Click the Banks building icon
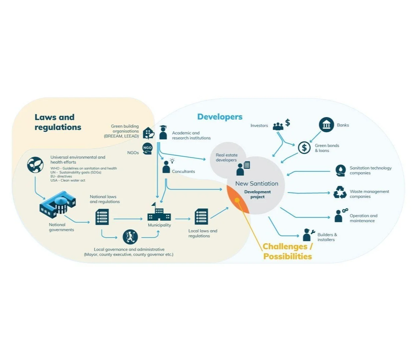(326, 125)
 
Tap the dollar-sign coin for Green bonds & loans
(304, 147)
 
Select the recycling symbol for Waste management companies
(340, 193)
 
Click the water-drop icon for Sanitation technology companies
(340, 170)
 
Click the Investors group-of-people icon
(278, 126)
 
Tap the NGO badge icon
(147, 148)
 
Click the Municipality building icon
(159, 213)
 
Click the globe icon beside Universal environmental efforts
(35, 165)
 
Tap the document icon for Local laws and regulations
(201, 217)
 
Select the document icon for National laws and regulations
(102, 217)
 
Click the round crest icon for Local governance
(130, 237)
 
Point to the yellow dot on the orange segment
(237, 200)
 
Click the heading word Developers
(220, 117)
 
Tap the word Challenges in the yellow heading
(285, 247)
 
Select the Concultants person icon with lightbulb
(167, 166)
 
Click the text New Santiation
(256, 184)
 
